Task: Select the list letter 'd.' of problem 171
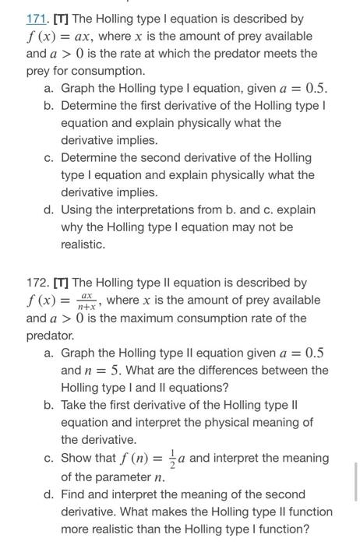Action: click(x=51, y=209)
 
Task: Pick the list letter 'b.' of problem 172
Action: click(x=51, y=405)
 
